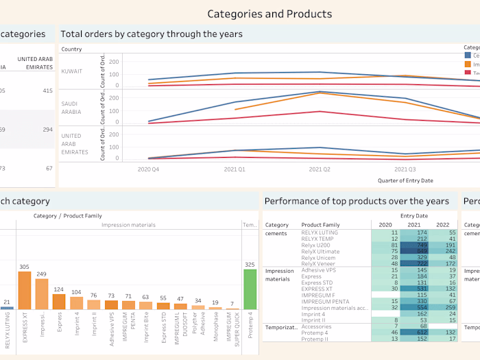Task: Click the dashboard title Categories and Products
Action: pyautogui.click(x=269, y=14)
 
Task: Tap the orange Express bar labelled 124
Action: pyautogui.click(x=59, y=301)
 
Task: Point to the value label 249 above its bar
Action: pyautogui.click(x=42, y=274)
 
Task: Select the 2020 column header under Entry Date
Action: pyautogui.click(x=385, y=224)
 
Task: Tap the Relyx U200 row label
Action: pyautogui.click(x=316, y=245)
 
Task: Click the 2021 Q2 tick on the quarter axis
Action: pyautogui.click(x=320, y=168)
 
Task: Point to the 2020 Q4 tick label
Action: pyautogui.click(x=149, y=168)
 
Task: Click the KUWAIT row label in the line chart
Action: pyautogui.click(x=72, y=71)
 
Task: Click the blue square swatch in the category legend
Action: pyautogui.click(x=468, y=55)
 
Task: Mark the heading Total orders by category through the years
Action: pyautogui.click(x=151, y=34)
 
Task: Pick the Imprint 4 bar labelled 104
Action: pyautogui.click(x=76, y=304)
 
